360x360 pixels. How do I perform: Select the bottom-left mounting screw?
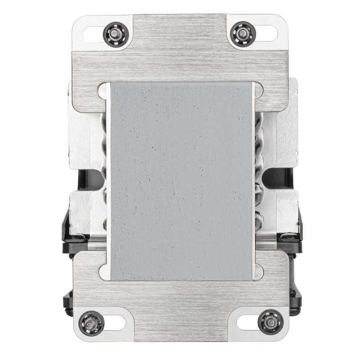(x=91, y=322)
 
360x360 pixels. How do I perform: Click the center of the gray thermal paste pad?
(x=180, y=181)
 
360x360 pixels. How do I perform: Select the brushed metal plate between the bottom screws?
(x=180, y=310)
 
